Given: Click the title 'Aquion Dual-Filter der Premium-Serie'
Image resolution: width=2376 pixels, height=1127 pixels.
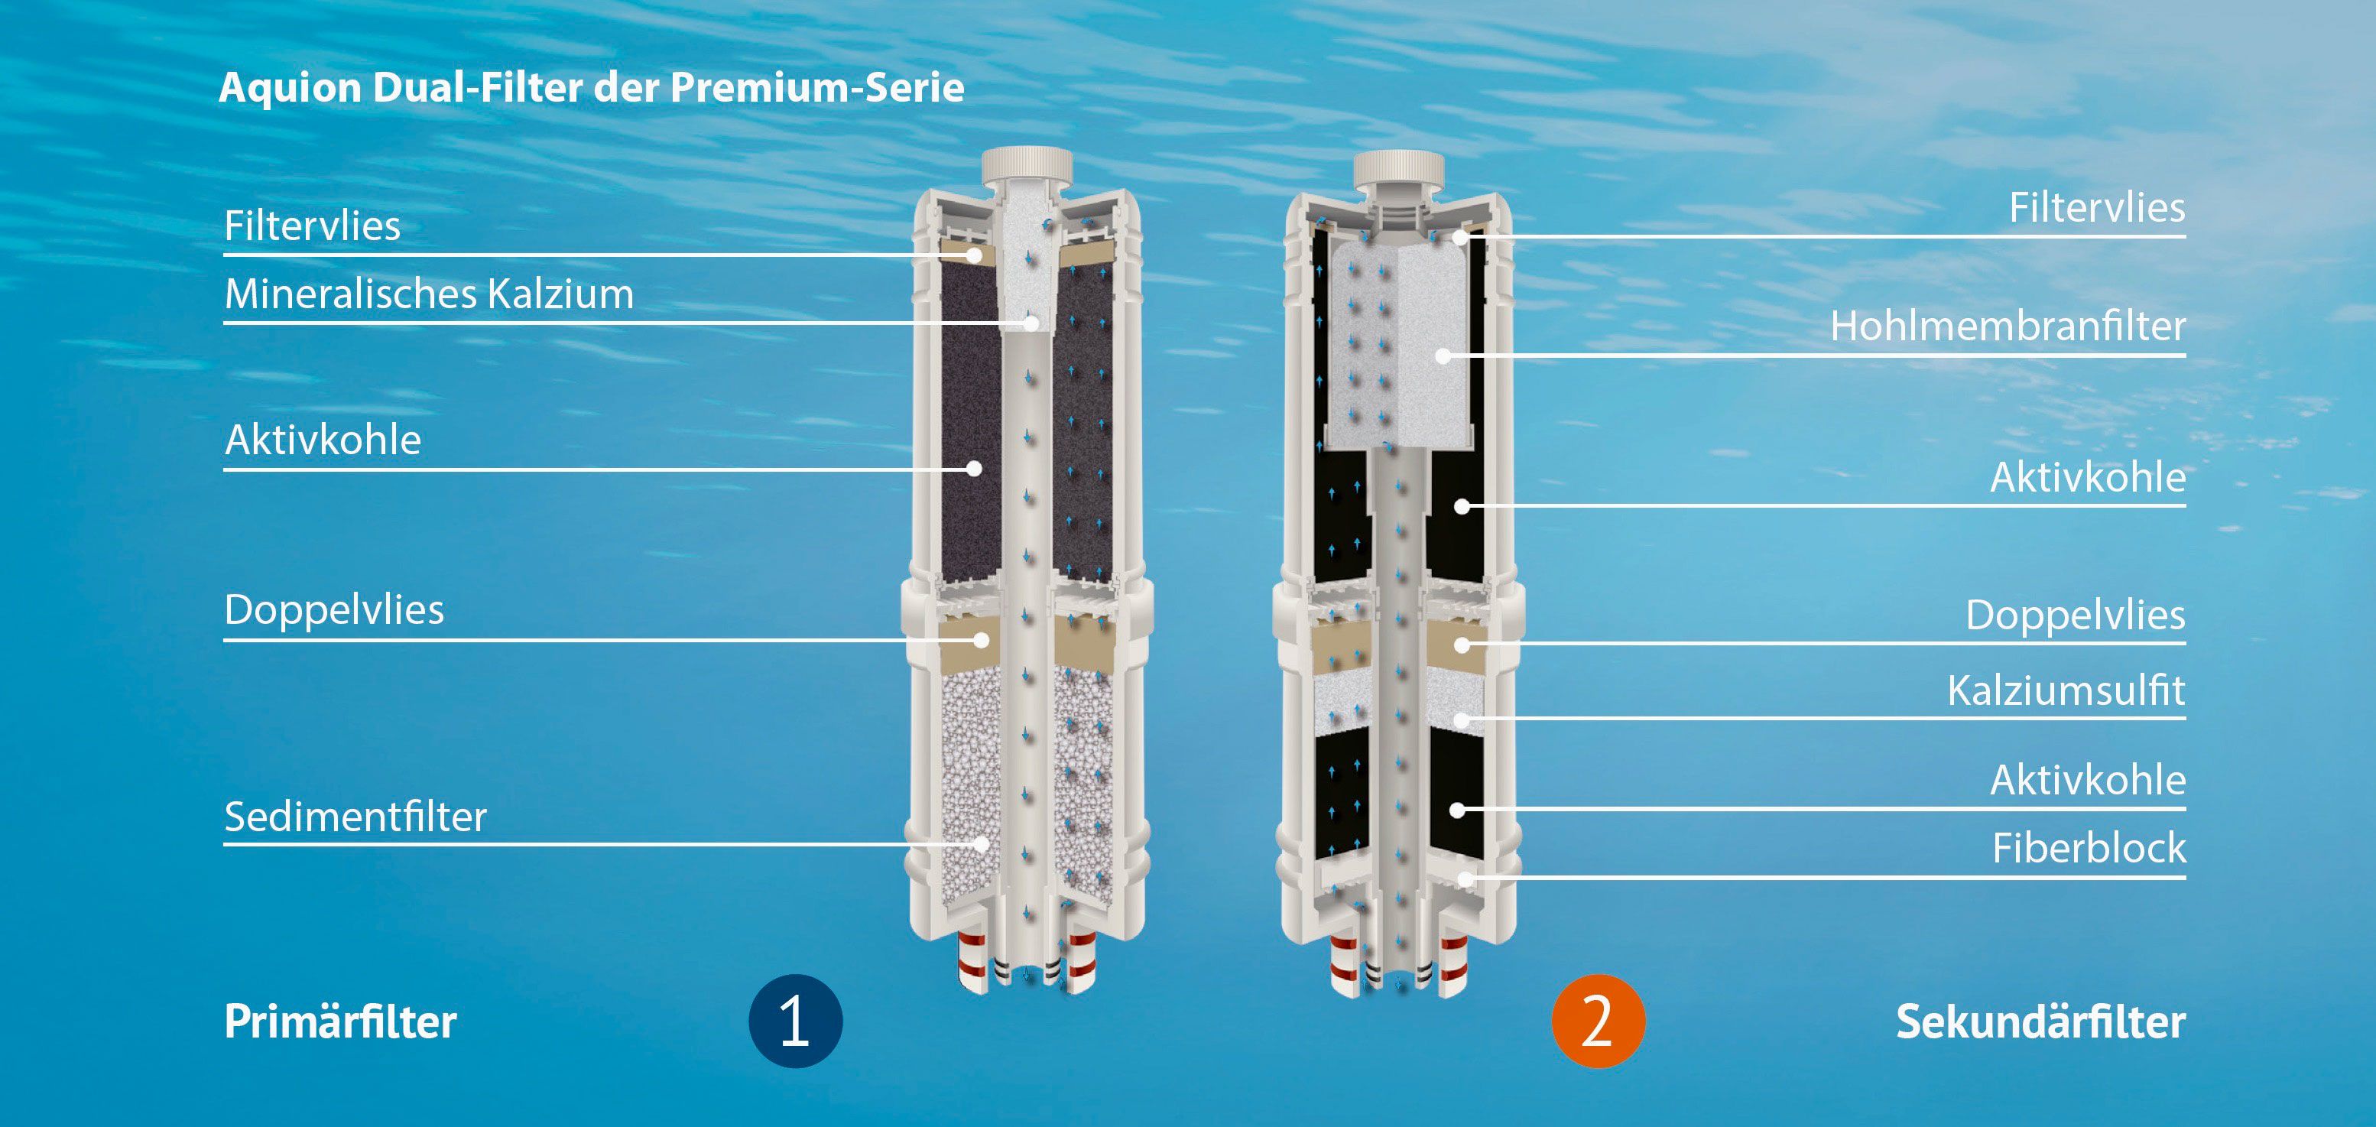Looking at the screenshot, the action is (x=591, y=89).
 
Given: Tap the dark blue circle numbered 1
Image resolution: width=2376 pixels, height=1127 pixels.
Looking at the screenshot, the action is (x=795, y=1021).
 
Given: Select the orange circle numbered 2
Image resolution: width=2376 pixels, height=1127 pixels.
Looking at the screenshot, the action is (x=1598, y=1021).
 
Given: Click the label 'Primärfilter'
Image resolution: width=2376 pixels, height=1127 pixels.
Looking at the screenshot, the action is (x=340, y=1021).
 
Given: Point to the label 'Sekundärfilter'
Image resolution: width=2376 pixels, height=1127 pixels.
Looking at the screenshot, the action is (x=2040, y=1021).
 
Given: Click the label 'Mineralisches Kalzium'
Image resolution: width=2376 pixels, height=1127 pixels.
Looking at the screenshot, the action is (x=429, y=294).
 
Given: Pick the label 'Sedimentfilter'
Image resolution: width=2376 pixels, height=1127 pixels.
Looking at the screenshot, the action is (x=355, y=817).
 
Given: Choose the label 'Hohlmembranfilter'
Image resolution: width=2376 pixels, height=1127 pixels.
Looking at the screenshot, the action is (x=2008, y=326).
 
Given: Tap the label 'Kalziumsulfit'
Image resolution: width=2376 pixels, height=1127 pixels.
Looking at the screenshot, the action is (x=2066, y=690).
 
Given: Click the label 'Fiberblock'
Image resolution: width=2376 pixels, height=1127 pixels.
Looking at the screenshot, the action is (x=2089, y=848).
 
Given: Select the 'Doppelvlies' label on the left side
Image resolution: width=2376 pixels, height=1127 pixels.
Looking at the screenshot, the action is (x=334, y=609).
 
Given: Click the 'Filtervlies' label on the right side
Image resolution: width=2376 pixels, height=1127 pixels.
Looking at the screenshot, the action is (x=2098, y=207).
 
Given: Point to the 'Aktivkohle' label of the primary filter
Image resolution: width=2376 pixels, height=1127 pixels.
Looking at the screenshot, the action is (x=323, y=440).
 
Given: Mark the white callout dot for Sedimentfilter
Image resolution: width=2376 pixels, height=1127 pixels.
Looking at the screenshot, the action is (x=982, y=843).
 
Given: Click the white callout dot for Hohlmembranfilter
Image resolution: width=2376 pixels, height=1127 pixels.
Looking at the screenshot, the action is (x=1443, y=355).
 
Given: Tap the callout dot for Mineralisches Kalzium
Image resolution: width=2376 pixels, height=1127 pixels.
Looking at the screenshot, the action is (x=1031, y=323).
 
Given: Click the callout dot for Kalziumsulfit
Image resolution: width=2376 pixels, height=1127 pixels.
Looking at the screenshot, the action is (x=1461, y=719).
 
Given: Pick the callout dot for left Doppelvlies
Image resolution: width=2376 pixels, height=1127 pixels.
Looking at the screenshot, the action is (x=982, y=640).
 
